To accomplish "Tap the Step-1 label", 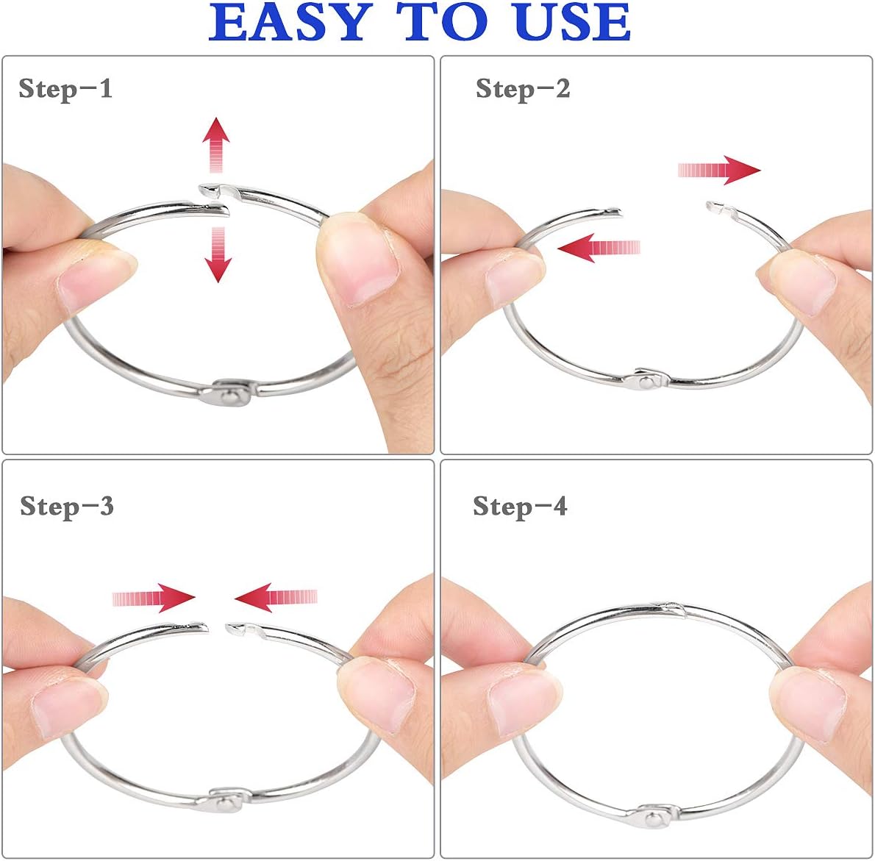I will [x=65, y=89].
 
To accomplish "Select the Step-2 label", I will [x=523, y=89].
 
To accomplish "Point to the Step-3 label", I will [x=67, y=507].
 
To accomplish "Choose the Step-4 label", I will [x=520, y=507].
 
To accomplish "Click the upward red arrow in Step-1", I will [x=216, y=144].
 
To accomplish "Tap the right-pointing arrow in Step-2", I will [x=718, y=170].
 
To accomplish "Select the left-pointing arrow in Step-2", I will [x=599, y=248].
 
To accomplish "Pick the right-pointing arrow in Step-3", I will [x=154, y=598].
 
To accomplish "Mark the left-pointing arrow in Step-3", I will [x=276, y=597].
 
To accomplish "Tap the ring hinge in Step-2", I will [x=646, y=379].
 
